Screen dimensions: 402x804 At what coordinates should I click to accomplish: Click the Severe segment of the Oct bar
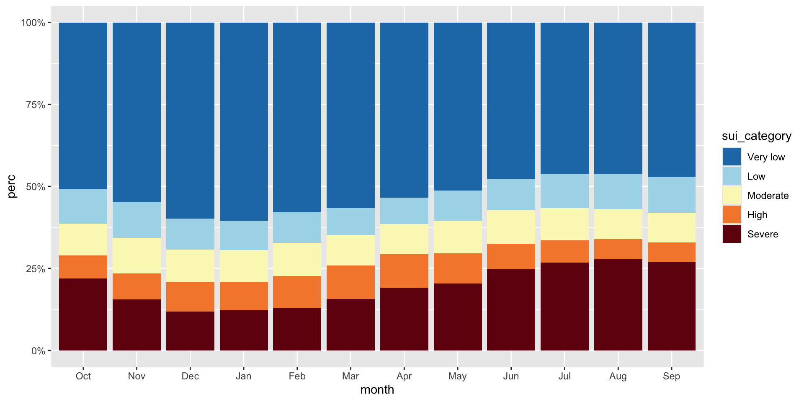83,314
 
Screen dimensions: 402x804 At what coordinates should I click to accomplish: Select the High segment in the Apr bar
404,271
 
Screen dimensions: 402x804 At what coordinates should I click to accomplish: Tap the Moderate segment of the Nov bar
137,255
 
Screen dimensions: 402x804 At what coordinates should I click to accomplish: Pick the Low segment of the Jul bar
564,191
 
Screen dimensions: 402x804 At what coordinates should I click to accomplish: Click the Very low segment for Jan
244,121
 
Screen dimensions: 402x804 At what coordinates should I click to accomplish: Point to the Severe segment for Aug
618,304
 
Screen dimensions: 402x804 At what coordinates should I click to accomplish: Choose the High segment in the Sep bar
671,252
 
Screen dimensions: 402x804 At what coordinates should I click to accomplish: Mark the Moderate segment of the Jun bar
511,227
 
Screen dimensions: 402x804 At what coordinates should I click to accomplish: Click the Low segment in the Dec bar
190,234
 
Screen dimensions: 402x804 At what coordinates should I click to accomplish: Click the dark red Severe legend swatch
732,234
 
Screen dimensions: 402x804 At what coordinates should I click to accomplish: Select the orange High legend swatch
732,215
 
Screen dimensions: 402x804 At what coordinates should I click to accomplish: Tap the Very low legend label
766,157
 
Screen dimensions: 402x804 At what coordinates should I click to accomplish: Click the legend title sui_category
756,136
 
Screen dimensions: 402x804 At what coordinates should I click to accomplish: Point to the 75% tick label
36,105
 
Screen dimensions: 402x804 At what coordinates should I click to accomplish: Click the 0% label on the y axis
38,351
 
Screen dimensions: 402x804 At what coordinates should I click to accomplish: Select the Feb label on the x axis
297,376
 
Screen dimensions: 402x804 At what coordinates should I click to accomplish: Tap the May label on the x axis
457,376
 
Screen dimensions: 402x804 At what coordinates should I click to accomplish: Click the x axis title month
377,390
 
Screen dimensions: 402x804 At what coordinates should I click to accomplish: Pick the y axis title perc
12,186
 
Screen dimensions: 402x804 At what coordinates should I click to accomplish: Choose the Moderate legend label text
768,196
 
